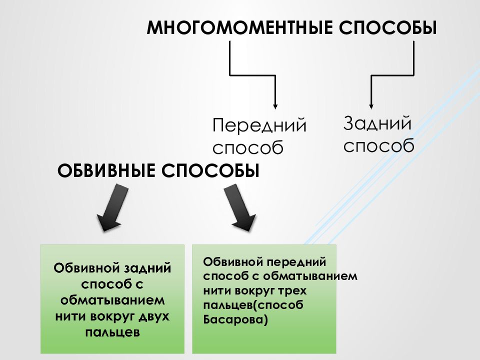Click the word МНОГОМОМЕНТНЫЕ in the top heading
[239, 28]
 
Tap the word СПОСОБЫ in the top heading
[388, 28]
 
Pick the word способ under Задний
[378, 145]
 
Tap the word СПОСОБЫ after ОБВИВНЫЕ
[210, 171]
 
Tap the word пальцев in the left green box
[112, 332]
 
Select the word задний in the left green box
[147, 268]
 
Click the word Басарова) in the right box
[235, 319]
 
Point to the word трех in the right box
[292, 290]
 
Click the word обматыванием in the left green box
[112, 300]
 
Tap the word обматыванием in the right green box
[310, 276]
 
